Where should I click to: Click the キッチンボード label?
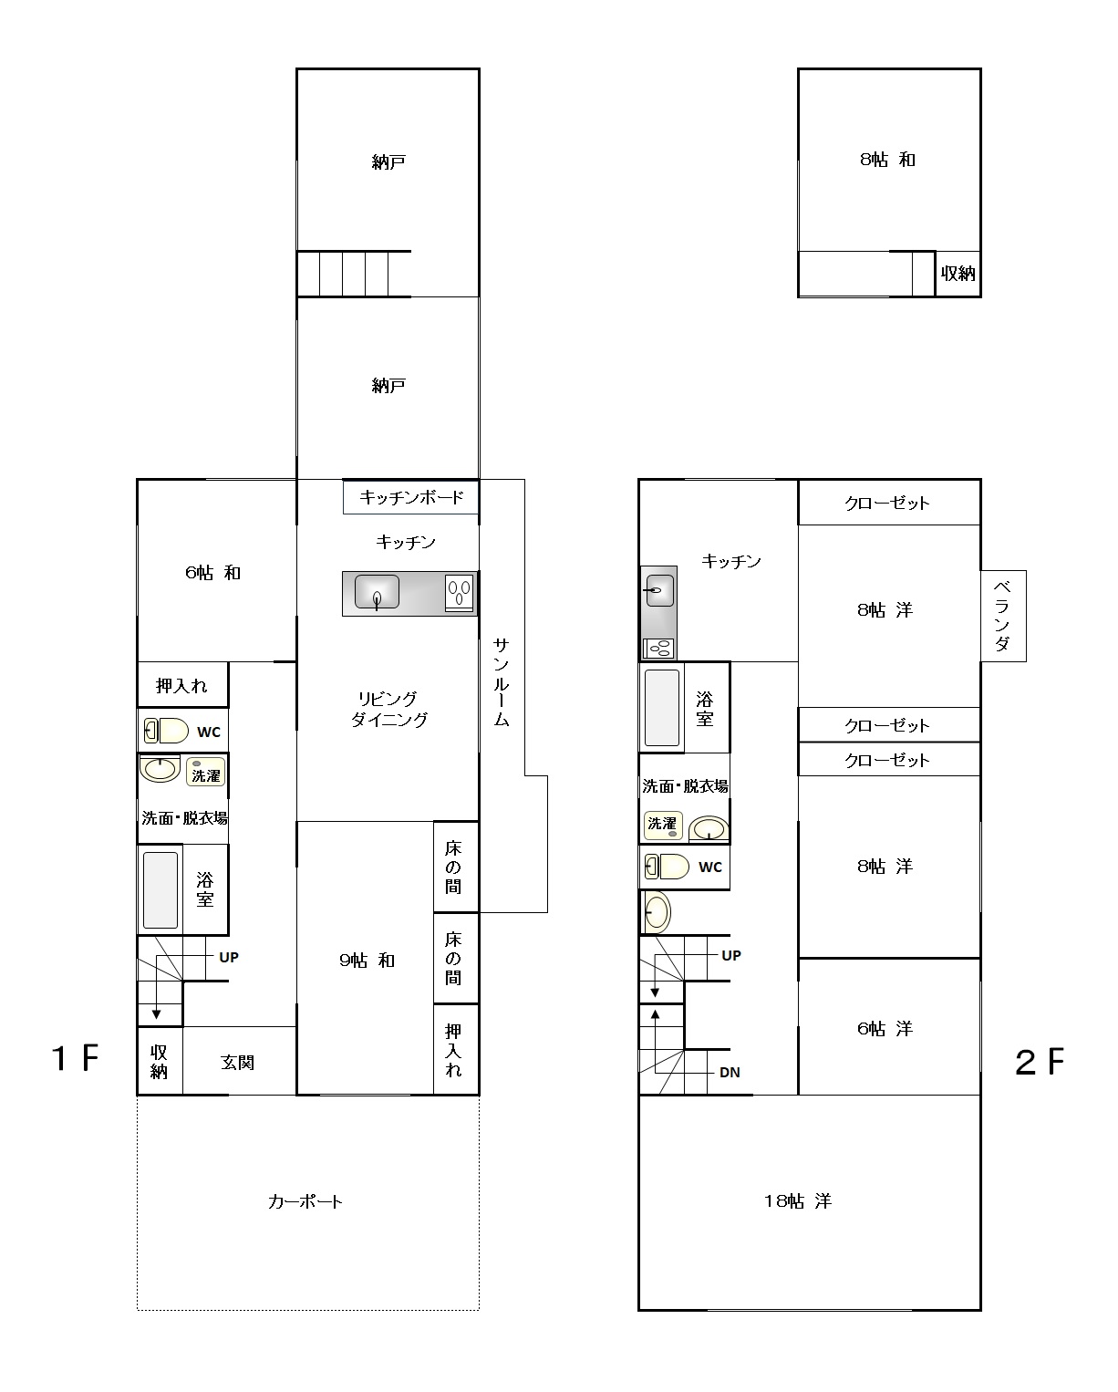411,497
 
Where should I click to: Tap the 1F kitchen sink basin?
377,592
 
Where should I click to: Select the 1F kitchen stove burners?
459,593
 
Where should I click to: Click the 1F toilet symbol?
166,731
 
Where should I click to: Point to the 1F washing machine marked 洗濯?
205,772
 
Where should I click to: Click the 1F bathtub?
160,890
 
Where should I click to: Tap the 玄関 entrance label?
237,1062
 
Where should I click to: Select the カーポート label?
305,1201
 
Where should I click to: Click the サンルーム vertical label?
502,682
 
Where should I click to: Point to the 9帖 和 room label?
367,960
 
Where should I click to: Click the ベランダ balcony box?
1003,616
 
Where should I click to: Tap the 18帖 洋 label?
798,1200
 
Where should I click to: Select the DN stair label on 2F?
730,1073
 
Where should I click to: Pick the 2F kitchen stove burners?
659,649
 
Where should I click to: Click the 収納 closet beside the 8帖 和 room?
958,274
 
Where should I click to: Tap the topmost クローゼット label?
886,503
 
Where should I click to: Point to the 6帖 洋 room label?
885,1028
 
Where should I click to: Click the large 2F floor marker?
1039,1062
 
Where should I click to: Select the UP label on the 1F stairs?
229,957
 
